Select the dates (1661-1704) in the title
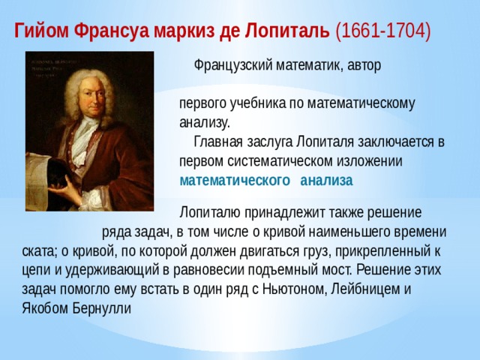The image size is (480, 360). coord(383,31)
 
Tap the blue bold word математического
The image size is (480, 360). coord(235,181)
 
